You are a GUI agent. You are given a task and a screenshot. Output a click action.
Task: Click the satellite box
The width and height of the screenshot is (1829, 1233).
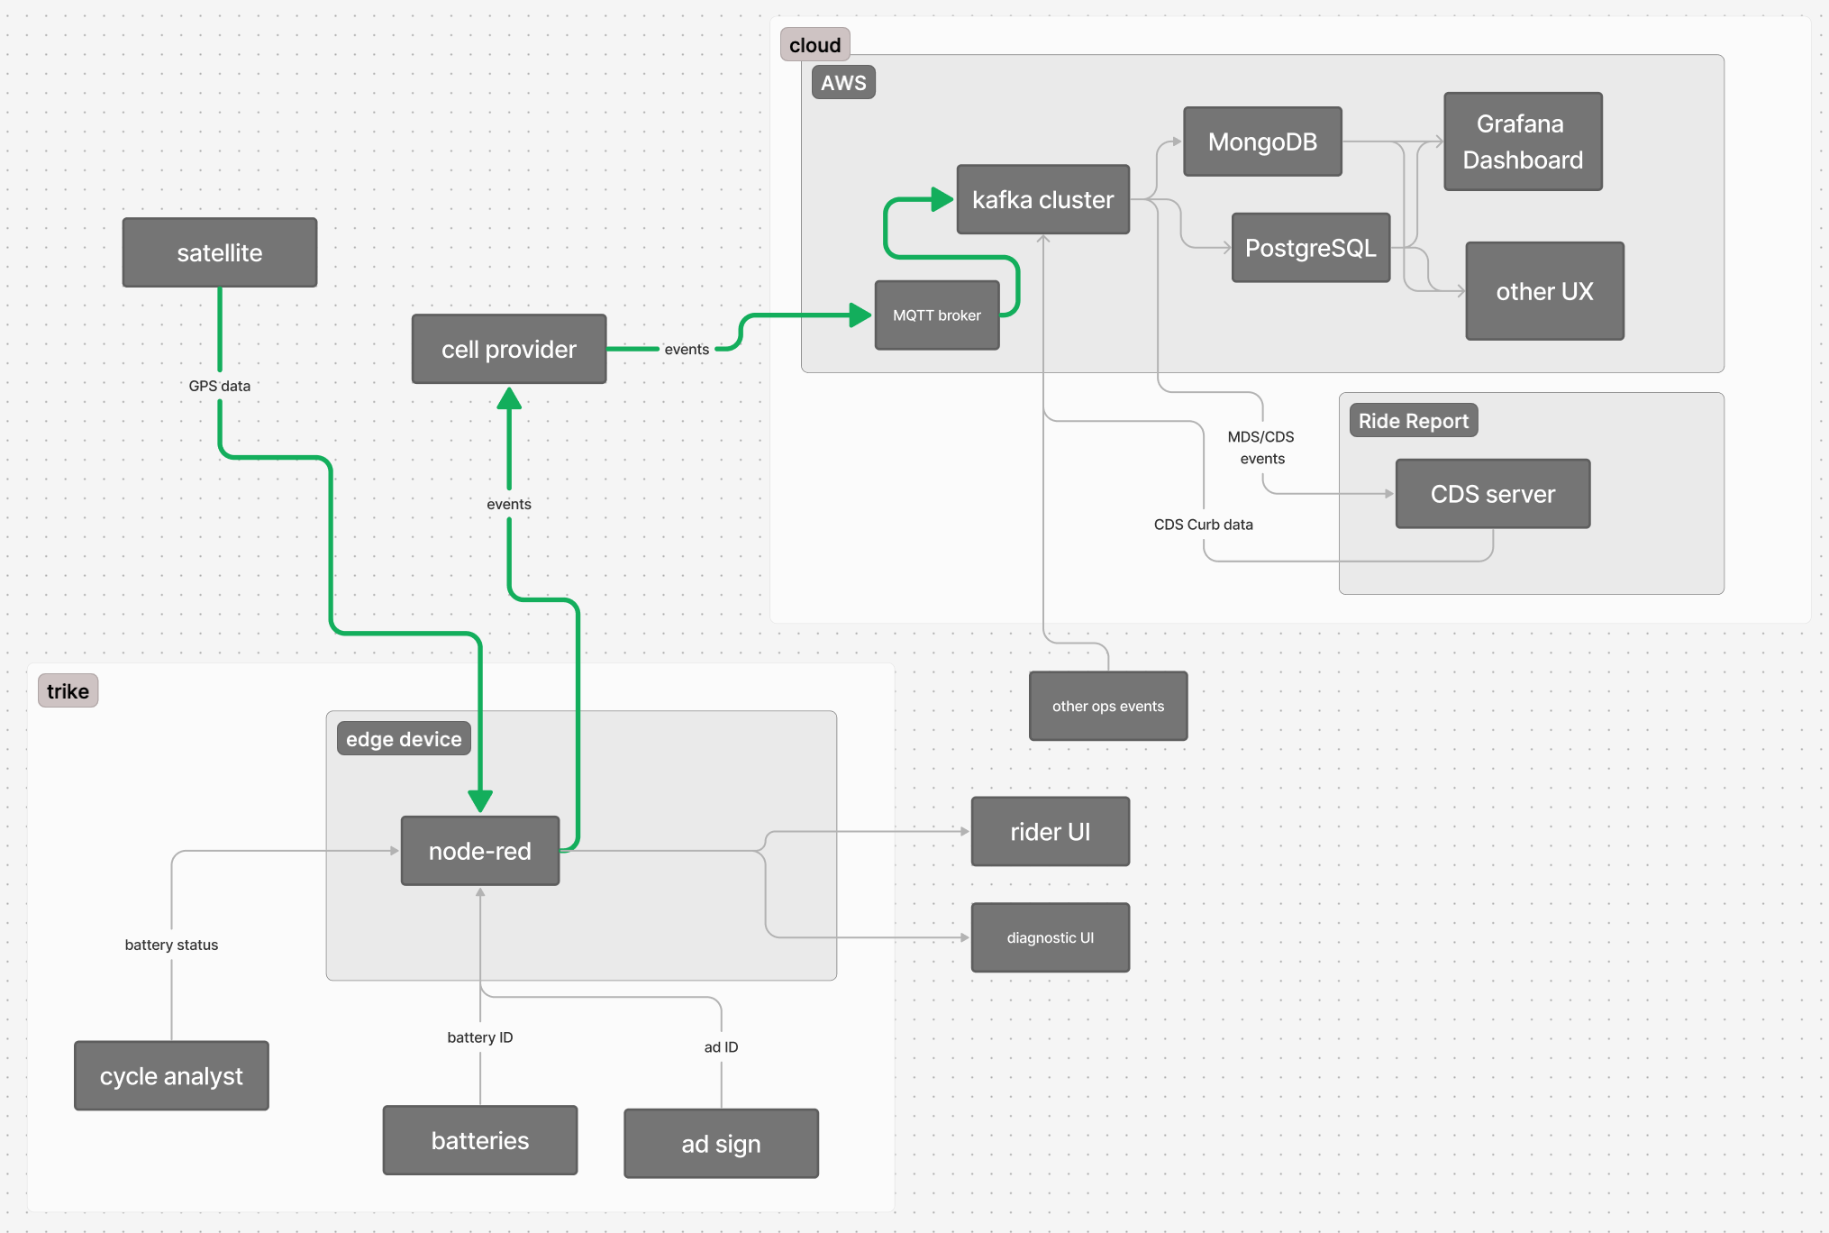tap(220, 252)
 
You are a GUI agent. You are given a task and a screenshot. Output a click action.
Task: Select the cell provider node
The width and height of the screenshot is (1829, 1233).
tap(509, 349)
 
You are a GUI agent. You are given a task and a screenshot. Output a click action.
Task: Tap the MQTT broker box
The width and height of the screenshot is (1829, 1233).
tap(937, 315)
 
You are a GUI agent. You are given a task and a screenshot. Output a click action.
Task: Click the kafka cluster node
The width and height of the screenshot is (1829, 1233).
tap(1042, 199)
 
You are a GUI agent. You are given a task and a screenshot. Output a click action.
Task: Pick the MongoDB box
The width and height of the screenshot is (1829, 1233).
tap(1262, 142)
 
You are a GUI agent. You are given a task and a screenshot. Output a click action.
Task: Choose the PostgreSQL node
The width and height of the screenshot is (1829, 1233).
tap(1311, 248)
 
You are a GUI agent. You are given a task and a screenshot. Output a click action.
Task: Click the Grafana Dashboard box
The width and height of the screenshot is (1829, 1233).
tap(1523, 142)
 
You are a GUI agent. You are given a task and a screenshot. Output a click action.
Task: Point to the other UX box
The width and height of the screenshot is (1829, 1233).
tap(1544, 291)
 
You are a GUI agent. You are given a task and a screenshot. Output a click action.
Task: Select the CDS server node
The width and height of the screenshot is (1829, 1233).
tap(1493, 494)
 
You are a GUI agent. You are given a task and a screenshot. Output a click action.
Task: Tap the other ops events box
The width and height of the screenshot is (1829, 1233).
tap(1108, 706)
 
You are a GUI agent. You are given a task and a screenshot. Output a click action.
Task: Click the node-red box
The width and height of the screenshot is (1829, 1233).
tap(480, 851)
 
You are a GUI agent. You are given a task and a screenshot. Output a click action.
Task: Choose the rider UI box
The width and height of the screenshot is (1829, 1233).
tap(1050, 831)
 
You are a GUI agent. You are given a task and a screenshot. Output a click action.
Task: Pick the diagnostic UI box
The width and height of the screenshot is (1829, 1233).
tap(1050, 937)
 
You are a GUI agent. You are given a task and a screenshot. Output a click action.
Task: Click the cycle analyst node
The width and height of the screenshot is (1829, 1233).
tap(171, 1076)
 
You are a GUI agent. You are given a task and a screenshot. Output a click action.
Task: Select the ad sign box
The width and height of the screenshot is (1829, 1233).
tap(721, 1144)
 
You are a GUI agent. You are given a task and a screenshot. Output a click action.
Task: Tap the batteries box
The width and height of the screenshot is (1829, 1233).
tap(480, 1140)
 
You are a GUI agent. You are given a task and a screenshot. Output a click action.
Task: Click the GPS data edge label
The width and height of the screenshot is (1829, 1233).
tap(220, 386)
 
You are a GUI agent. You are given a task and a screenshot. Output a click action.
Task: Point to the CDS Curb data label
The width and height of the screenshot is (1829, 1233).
tap(1203, 525)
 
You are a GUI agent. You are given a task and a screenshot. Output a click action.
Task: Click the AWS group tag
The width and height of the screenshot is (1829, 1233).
tap(843, 83)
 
